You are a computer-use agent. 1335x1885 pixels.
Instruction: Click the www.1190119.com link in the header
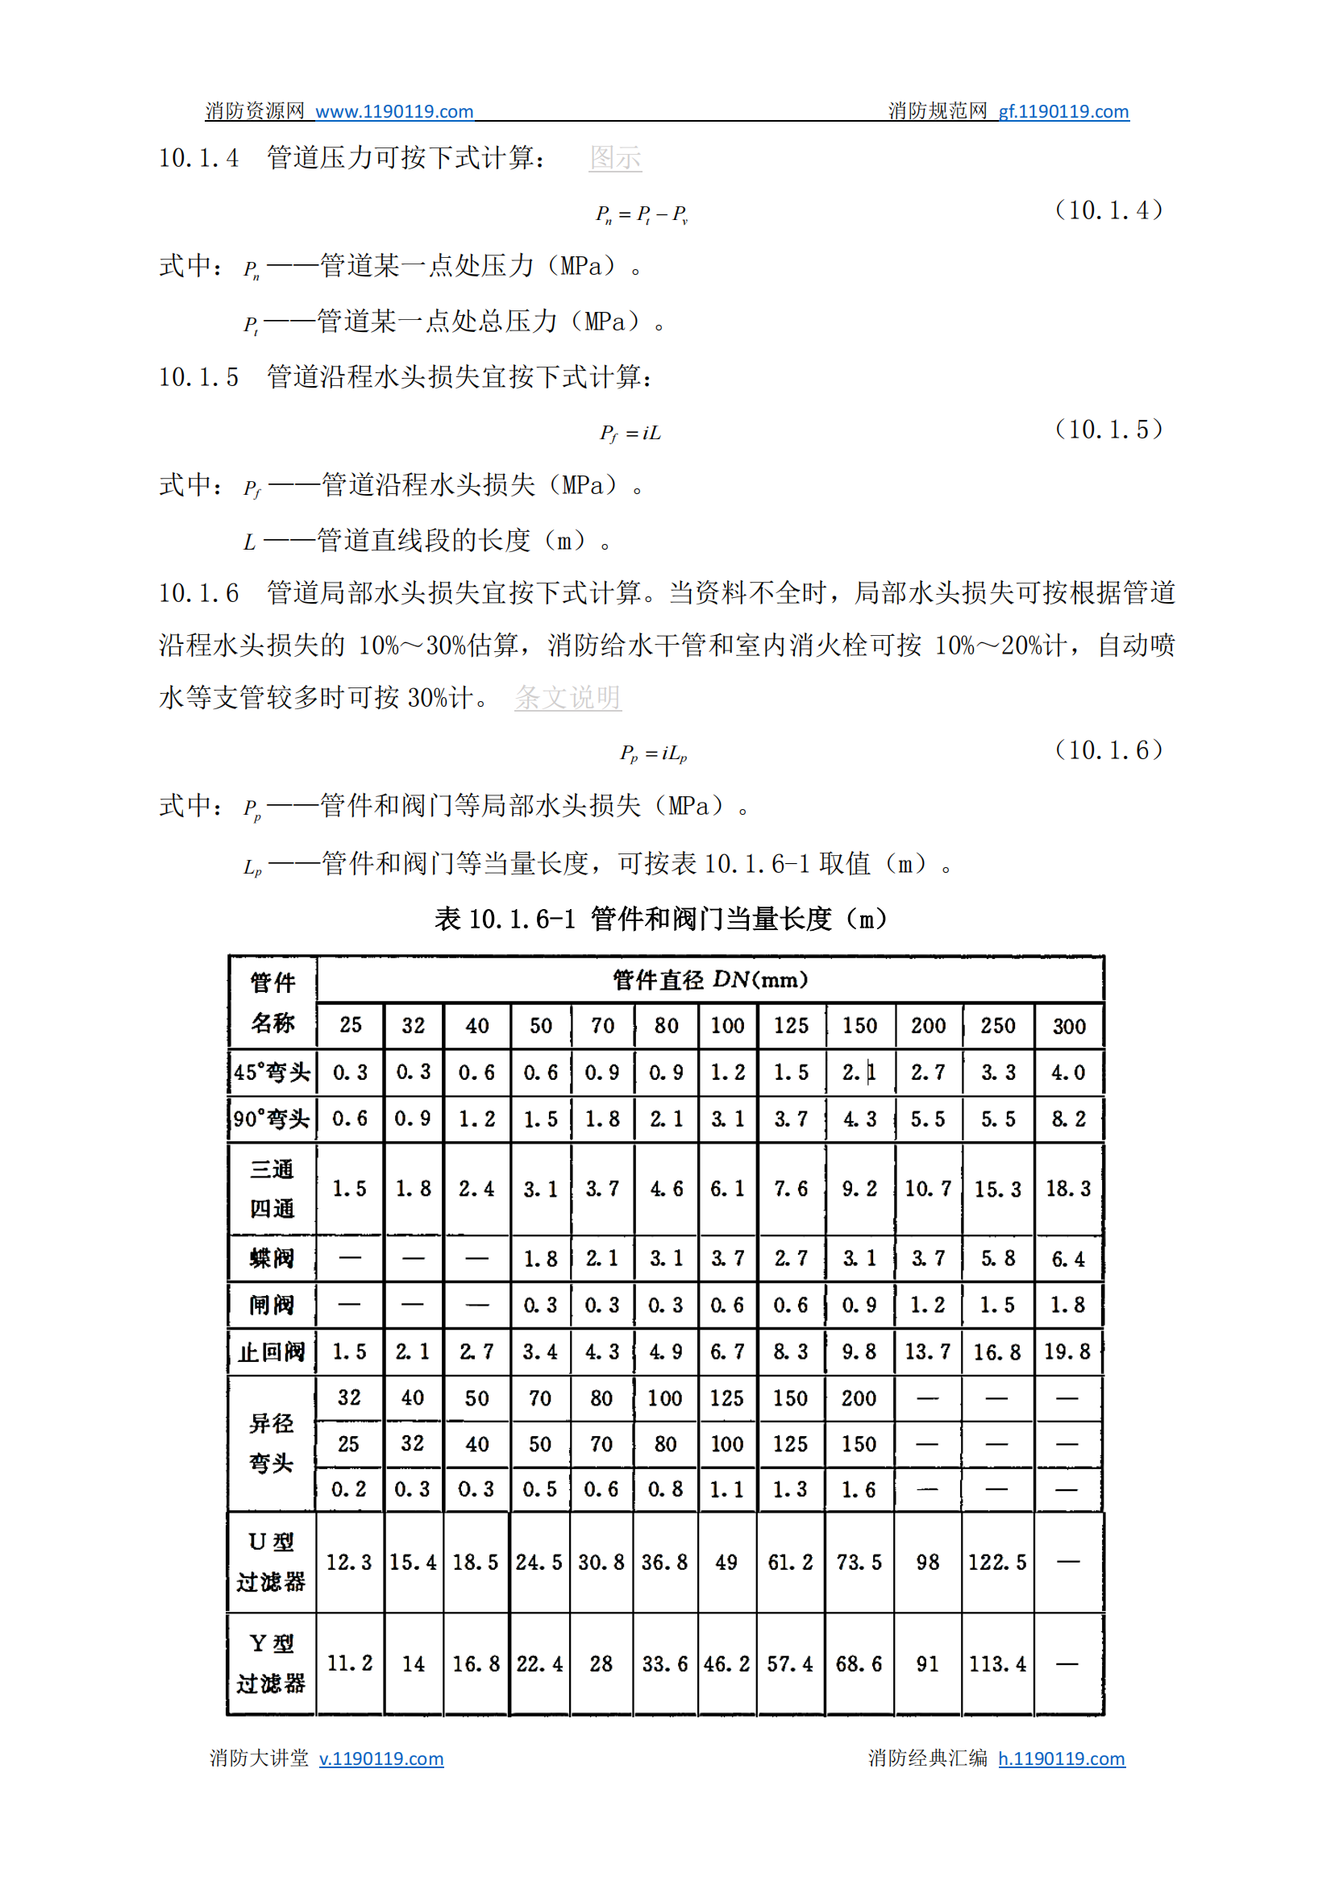pos(393,111)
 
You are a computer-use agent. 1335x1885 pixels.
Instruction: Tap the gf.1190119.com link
pos(1063,111)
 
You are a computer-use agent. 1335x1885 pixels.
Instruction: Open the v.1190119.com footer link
pos(381,1758)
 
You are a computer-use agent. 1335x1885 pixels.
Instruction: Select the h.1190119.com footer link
pos(1061,1758)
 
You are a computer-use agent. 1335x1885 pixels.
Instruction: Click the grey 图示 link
pos(615,157)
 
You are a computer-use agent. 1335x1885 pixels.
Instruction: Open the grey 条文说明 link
pos(568,697)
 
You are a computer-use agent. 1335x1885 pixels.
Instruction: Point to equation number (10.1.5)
pos(1108,429)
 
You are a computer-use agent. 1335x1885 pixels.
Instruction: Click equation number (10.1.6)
pos(1108,749)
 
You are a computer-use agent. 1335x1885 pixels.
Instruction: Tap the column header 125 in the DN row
pos(791,1025)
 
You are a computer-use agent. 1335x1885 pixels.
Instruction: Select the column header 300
pos(1069,1025)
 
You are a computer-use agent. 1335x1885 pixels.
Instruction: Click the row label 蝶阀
pos(272,1258)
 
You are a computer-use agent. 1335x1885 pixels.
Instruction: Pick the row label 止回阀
pos(272,1351)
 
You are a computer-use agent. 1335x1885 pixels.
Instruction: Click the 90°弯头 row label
pos(272,1119)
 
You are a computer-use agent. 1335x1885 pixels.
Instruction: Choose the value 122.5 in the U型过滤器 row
pos(997,1562)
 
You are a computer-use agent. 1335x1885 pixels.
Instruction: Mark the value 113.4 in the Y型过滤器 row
pos(997,1664)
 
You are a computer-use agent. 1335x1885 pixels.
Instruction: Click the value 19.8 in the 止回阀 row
pos(1067,1351)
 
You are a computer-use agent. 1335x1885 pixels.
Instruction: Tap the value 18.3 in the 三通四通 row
pos(1068,1188)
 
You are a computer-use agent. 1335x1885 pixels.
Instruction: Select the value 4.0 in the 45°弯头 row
pos(1068,1073)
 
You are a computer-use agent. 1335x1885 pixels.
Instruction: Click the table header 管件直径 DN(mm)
pos(709,979)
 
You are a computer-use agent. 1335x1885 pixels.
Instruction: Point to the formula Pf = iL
pos(630,433)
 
